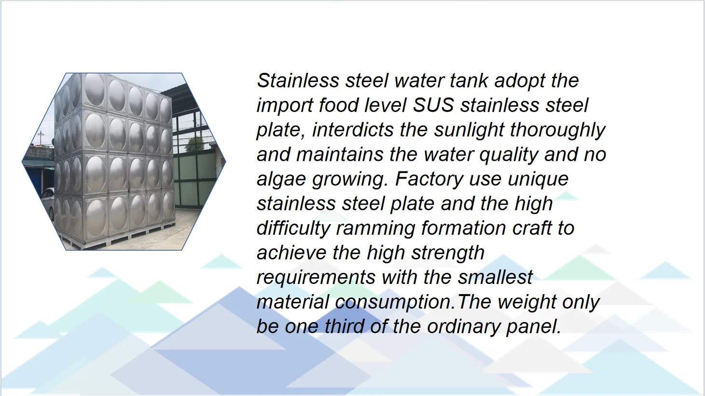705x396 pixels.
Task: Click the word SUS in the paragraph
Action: point(433,105)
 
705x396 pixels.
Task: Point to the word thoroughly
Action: point(557,130)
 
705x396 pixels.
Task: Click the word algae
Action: point(281,179)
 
